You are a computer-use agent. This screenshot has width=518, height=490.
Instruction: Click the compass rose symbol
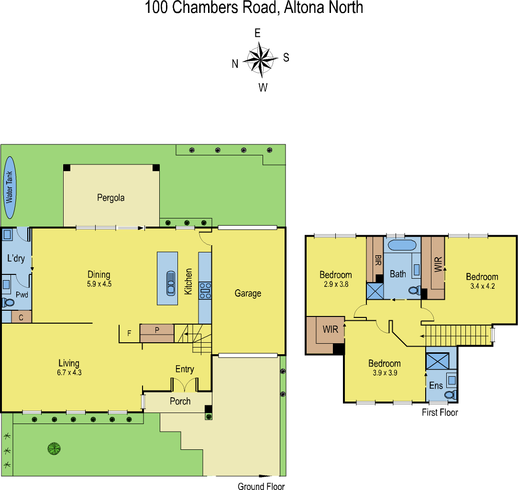[261, 60]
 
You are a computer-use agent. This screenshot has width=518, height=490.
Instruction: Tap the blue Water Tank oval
[10, 187]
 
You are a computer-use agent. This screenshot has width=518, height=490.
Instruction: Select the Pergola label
[111, 197]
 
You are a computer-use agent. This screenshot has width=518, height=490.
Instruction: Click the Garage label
[248, 293]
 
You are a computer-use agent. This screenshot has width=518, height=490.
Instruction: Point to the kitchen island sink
[170, 283]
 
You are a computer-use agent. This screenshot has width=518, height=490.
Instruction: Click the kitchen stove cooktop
[205, 290]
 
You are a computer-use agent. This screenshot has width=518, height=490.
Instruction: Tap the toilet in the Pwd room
[8, 302]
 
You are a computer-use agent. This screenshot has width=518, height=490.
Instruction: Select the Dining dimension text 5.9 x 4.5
[99, 283]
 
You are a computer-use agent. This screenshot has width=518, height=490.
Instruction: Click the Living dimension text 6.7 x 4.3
[69, 372]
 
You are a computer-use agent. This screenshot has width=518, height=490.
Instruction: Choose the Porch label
[180, 401]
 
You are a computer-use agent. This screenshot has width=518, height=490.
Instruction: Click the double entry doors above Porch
[185, 384]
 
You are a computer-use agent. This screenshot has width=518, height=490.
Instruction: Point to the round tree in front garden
[54, 448]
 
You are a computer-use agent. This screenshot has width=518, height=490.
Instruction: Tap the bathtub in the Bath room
[402, 246]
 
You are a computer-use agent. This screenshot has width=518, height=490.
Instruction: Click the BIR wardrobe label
[378, 261]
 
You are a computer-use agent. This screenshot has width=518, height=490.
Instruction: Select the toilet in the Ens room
[450, 395]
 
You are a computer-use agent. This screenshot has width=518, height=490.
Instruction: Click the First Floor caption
[440, 412]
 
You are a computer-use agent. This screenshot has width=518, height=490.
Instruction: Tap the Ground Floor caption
[261, 486]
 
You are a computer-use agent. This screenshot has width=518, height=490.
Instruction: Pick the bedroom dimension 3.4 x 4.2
[482, 286]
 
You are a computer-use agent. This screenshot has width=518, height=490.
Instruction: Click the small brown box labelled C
[21, 317]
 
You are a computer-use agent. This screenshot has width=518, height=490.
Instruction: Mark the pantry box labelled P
[156, 330]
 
